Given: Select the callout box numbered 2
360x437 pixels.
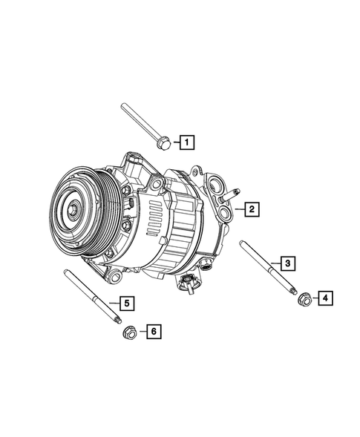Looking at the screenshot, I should (x=252, y=210).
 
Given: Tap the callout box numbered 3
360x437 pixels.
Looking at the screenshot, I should (x=286, y=262).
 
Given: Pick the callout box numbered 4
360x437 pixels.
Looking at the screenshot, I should (x=325, y=298).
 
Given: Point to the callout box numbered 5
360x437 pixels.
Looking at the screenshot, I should (x=126, y=303).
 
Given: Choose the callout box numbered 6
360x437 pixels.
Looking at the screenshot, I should (x=152, y=332).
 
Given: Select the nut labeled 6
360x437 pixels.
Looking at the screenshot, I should (x=128, y=332).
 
